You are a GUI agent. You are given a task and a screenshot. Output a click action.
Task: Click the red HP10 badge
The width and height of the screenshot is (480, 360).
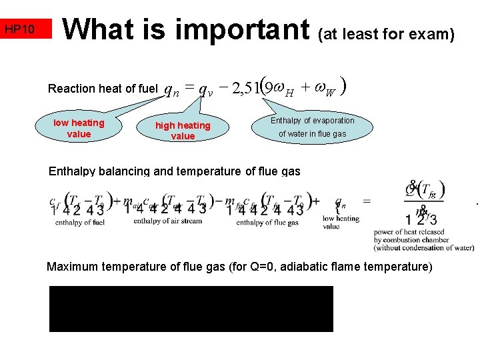coord(26,29)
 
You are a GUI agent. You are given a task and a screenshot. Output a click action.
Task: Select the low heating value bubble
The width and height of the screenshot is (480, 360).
coord(79,128)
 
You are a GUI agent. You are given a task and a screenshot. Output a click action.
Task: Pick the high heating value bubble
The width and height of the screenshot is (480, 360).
coord(183,131)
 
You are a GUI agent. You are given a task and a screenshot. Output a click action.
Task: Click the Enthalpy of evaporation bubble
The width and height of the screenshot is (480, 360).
coord(312,127)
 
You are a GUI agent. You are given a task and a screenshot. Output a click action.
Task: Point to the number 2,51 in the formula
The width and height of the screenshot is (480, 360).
coord(245,88)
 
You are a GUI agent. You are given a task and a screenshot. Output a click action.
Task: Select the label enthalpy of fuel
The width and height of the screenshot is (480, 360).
coord(78,222)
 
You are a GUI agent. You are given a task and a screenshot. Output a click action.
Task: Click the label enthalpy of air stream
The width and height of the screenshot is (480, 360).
coord(167,221)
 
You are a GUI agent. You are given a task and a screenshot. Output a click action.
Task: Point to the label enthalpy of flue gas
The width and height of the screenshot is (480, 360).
coord(267,223)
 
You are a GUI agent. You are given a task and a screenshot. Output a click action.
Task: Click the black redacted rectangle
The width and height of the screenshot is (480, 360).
coord(191,309)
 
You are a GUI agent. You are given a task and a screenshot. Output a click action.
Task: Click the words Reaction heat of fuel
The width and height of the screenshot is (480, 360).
coord(103,89)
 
